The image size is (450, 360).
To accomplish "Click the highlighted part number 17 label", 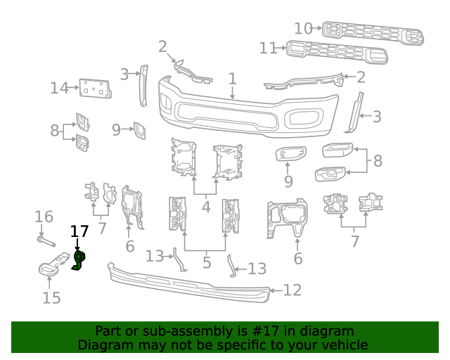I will click(79, 231).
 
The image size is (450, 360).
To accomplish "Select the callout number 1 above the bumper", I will click(233, 79).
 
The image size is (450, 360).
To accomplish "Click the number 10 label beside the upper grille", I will click(303, 29).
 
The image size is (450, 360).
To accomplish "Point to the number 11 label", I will click(269, 49).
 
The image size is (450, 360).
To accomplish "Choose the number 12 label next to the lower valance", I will click(292, 290).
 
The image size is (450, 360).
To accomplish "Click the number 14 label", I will click(59, 89).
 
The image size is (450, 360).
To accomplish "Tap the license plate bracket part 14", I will click(96, 89).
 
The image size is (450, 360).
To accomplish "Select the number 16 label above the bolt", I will click(44, 217).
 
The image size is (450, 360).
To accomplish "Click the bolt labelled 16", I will click(44, 242).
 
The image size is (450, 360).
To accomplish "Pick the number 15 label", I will click(51, 298).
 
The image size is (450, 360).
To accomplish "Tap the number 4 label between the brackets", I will click(206, 207).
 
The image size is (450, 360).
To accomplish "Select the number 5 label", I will click(207, 264).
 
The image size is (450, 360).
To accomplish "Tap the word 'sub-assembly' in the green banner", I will click(169, 331).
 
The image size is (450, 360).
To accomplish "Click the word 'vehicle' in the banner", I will click(344, 345).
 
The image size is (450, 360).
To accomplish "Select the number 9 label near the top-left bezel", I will click(116, 129).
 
